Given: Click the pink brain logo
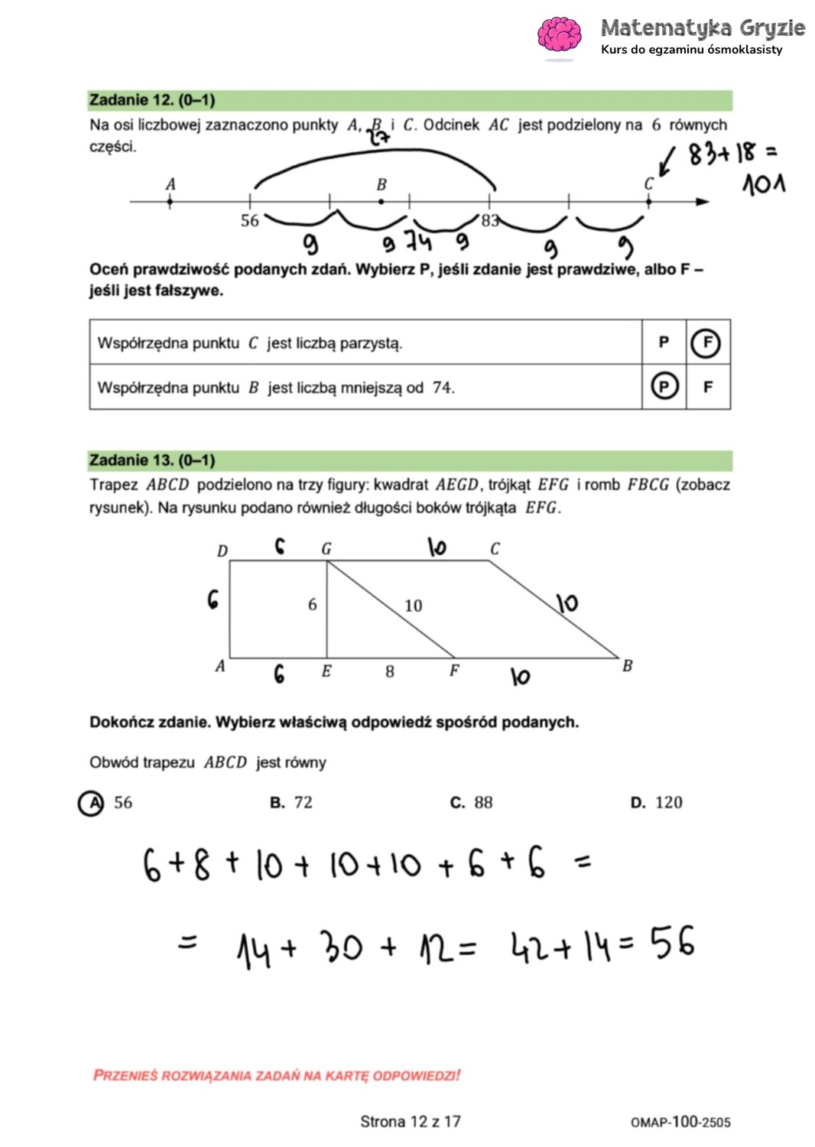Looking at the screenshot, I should pos(560,36).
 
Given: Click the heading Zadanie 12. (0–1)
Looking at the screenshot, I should pos(152,100).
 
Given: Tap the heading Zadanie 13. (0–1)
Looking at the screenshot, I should pos(152,460).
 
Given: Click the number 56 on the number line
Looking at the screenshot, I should pos(250,221).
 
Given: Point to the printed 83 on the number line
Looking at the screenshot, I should pos(489,221).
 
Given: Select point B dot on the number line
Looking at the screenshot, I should pos(382,202).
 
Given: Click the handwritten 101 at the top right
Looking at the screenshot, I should pos(763,184).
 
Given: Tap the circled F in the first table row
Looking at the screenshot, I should pos(706,343).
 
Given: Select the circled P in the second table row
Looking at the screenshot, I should pos(664,387).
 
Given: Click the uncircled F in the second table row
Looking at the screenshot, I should pos(708,387).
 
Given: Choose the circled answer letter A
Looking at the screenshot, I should pos(92,803).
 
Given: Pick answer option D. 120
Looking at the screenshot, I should pos(657,802).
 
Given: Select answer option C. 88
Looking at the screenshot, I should pos(472,802).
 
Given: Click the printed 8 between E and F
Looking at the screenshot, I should pos(390,671).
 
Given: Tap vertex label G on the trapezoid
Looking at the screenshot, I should pos(326,549).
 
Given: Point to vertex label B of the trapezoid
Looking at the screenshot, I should pos(628,665).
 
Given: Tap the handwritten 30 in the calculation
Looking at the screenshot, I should pos(341,947).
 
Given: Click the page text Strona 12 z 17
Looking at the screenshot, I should pos(411,1122).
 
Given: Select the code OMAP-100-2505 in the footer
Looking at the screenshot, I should pos(680,1122).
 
